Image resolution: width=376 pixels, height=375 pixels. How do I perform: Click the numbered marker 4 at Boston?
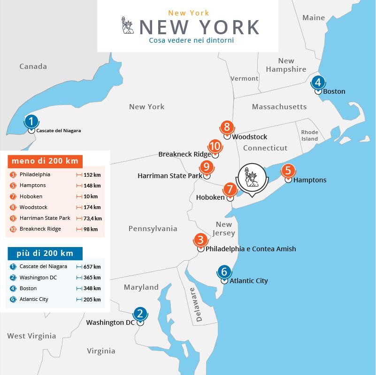pos(318,82)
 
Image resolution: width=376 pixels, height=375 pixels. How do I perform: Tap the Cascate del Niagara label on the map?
pos(58,131)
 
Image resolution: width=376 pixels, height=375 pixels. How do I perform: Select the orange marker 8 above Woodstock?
pos(227,127)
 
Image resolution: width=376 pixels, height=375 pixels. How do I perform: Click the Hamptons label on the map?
pos(309,180)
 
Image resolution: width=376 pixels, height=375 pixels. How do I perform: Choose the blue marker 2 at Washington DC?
pos(139,313)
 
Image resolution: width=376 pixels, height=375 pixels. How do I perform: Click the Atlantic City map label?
pos(249,281)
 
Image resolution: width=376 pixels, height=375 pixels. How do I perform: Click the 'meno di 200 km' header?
pos(45,161)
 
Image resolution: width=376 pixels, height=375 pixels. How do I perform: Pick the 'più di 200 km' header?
pos(44,254)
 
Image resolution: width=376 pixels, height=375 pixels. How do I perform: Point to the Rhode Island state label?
pos(309,135)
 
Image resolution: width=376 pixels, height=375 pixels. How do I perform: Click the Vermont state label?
pos(244,78)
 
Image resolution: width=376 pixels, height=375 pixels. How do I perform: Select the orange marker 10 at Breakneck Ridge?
pos(215,146)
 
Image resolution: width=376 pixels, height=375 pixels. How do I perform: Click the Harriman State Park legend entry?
pos(45,218)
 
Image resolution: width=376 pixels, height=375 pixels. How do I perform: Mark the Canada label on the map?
pos(33,67)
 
